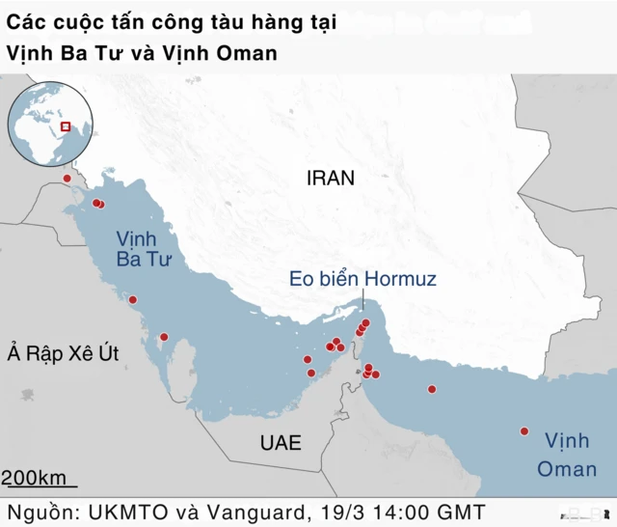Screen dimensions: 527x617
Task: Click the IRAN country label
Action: pyautogui.click(x=331, y=179)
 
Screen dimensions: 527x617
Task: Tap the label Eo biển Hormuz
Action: pyautogui.click(x=363, y=279)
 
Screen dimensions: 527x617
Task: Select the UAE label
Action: pyautogui.click(x=281, y=444)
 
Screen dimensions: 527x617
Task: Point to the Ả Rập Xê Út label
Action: pyautogui.click(x=62, y=353)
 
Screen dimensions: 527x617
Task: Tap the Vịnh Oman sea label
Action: pyautogui.click(x=567, y=455)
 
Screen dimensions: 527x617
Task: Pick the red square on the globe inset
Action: pyautogui.click(x=66, y=125)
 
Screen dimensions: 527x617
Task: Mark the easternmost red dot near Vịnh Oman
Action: pyautogui.click(x=524, y=431)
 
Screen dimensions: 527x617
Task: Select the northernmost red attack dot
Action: pyautogui.click(x=67, y=179)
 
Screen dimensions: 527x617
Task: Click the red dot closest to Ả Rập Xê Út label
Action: pyautogui.click(x=164, y=337)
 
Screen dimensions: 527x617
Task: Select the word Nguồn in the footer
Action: pyautogui.click(x=41, y=511)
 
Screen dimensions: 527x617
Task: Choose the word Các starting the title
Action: pyautogui.click(x=26, y=21)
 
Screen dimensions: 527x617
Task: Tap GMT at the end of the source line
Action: pyautogui.click(x=460, y=511)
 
